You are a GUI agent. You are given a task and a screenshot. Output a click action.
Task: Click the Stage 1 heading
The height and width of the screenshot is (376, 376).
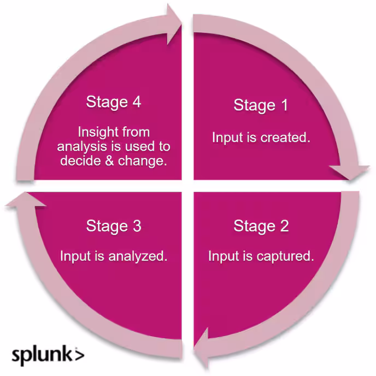(x=261, y=105)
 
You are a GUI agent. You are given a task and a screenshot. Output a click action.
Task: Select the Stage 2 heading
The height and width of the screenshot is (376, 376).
(x=261, y=226)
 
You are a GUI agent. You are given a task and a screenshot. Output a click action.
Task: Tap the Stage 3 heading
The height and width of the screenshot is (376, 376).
(x=114, y=226)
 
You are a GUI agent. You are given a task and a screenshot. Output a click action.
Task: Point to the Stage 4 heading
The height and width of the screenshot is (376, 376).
(x=114, y=102)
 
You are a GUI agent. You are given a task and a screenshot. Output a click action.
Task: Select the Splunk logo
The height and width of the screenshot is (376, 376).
(x=48, y=354)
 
